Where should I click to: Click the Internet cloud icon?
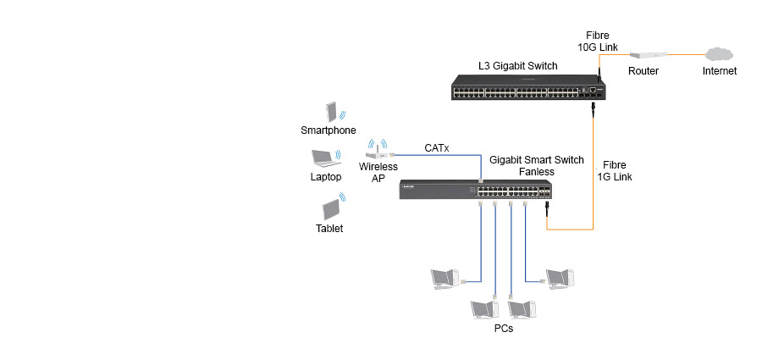pyautogui.click(x=719, y=53)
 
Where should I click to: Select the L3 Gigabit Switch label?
pyautogui.click(x=516, y=65)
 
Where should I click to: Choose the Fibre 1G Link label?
pyautogui.click(x=614, y=170)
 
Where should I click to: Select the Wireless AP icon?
pyautogui.click(x=378, y=151)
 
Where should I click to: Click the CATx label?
pyautogui.click(x=436, y=148)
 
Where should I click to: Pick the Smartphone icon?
pyautogui.click(x=330, y=113)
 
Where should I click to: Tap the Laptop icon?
pyautogui.click(x=324, y=159)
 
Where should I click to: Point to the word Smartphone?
pyautogui.click(x=329, y=130)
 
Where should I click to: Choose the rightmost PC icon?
pyautogui.click(x=560, y=277)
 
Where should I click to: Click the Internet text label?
pyautogui.click(x=720, y=71)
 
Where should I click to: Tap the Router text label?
pyautogui.click(x=643, y=71)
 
